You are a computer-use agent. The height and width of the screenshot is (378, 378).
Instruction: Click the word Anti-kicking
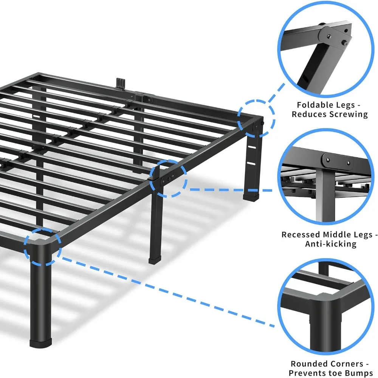pyautogui.click(x=331, y=244)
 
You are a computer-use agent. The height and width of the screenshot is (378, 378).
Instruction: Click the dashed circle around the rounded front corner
pyautogui.click(x=42, y=248)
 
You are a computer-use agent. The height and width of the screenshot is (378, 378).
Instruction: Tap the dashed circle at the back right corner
pyautogui.click(x=256, y=118)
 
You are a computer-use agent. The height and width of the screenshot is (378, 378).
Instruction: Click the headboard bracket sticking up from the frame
pyautogui.click(x=120, y=82)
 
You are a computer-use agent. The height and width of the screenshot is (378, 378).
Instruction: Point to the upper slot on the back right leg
pyautogui.click(x=249, y=147)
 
